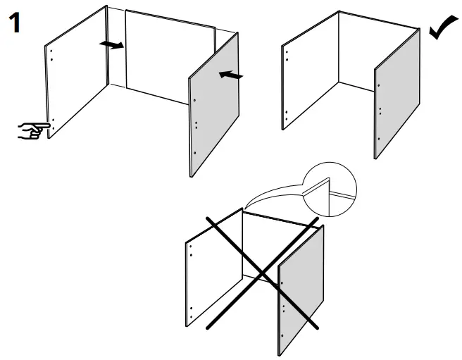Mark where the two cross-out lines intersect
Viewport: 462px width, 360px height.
pyautogui.click(x=262, y=272)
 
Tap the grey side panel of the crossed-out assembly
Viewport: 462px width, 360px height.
pyautogui.click(x=301, y=292)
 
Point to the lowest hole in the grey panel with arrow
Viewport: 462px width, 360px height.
pyautogui.click(x=195, y=152)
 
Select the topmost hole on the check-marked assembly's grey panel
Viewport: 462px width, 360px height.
pyautogui.click(x=379, y=86)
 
